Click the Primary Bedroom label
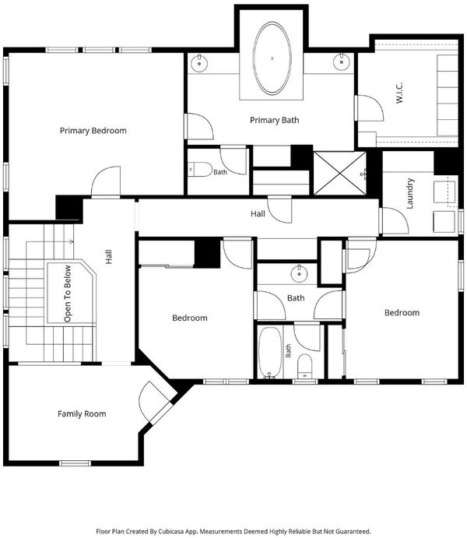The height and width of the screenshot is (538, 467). (x=93, y=131)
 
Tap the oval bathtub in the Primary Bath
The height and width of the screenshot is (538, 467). (x=272, y=58)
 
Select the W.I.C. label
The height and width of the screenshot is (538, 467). (x=399, y=93)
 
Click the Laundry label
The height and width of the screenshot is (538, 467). (x=409, y=194)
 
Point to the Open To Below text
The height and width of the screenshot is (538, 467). (x=68, y=294)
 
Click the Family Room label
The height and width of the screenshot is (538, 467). (x=82, y=413)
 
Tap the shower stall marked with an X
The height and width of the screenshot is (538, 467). (x=340, y=174)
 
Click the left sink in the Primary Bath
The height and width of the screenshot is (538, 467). (x=198, y=63)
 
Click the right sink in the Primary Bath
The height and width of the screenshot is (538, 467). (x=341, y=62)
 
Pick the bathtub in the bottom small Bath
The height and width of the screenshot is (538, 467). (x=269, y=353)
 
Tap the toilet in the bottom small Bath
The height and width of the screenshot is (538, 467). (x=304, y=366)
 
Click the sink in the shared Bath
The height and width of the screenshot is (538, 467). (x=300, y=273)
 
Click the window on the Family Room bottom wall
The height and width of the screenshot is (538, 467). (x=75, y=463)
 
